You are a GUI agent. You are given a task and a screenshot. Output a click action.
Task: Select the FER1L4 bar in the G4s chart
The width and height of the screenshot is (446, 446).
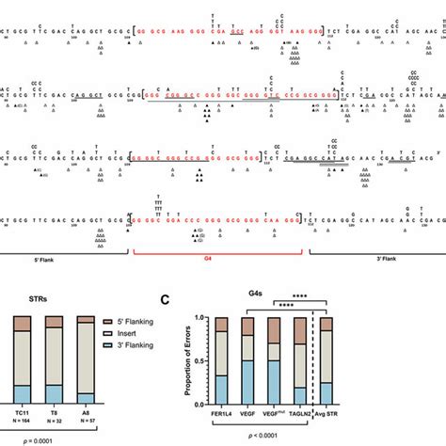point(221,361)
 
